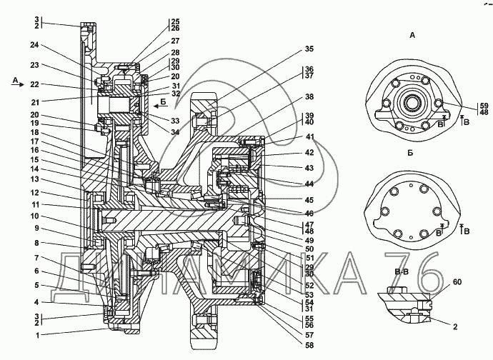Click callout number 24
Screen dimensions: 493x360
pos(34,45)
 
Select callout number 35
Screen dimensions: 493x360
pos(309,49)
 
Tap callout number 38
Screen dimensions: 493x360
pos(309,96)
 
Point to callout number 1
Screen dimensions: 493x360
pos(37,336)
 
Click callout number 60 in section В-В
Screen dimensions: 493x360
pos(457,282)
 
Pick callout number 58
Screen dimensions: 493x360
pos(309,345)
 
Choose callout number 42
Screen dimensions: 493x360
pos(309,152)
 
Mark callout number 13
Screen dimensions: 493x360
pos(34,179)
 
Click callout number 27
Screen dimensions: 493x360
pos(175,41)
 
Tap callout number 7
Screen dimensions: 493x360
pos(36,258)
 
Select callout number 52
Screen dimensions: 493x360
pos(309,286)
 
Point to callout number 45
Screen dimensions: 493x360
pos(309,200)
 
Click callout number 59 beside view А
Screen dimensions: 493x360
pos(484,106)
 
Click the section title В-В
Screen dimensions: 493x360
pos(402,271)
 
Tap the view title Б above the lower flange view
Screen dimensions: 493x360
pos(410,153)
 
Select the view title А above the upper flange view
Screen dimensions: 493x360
pos(412,35)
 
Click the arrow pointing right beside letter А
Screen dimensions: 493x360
pos(19,84)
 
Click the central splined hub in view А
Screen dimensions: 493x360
pos(412,102)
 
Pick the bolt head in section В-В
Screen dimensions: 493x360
pos(398,289)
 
